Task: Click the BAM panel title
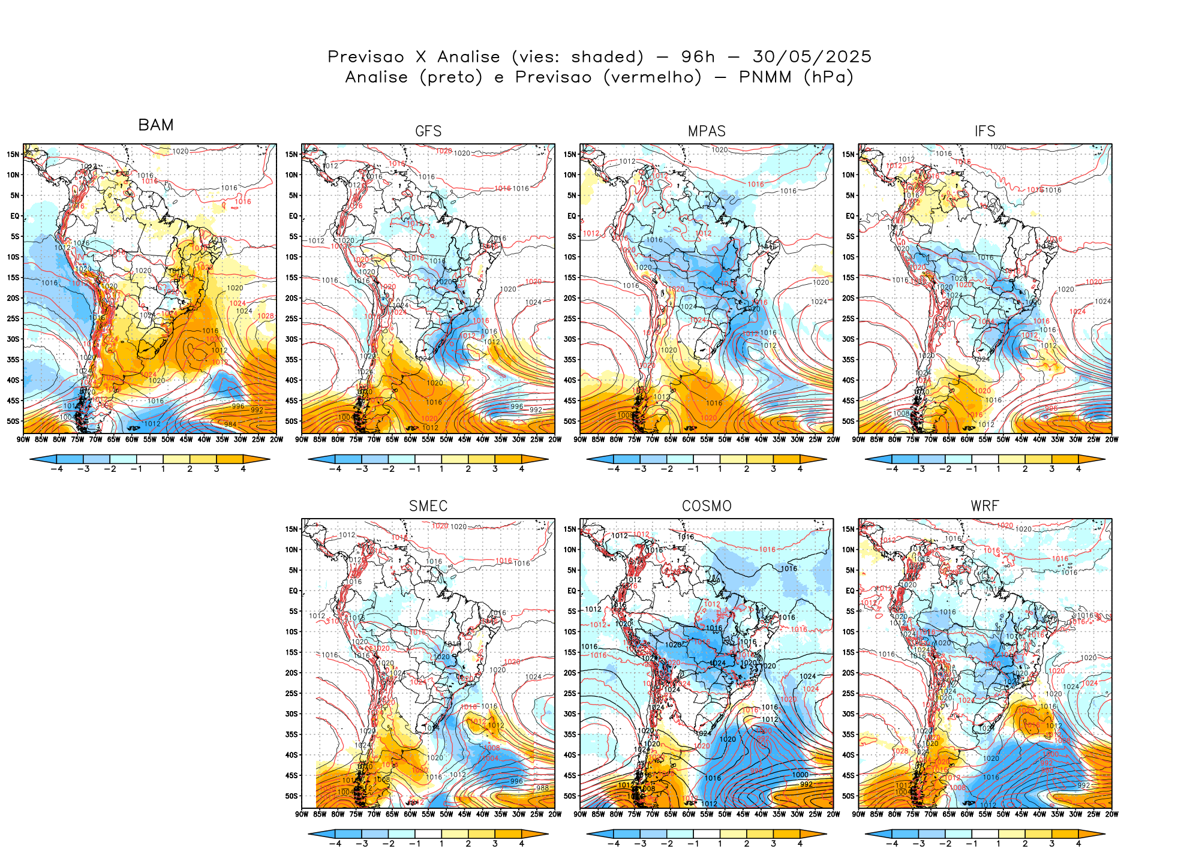pyautogui.click(x=156, y=125)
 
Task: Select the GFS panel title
pyautogui.click(x=428, y=131)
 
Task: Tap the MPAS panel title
pyautogui.click(x=707, y=131)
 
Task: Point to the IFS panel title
pyautogui.click(x=985, y=131)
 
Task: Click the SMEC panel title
pyautogui.click(x=428, y=506)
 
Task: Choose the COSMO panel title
pyautogui.click(x=707, y=506)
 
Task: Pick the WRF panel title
pyautogui.click(x=985, y=506)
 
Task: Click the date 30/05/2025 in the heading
pyautogui.click(x=812, y=57)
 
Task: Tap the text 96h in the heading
pyautogui.click(x=698, y=57)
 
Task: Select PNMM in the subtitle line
pyautogui.click(x=765, y=77)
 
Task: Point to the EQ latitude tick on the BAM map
pyautogui.click(x=14, y=216)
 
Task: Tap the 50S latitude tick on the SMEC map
pyautogui.click(x=292, y=796)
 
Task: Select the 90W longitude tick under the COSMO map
pyautogui.click(x=580, y=814)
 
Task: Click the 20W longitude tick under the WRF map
pyautogui.click(x=1111, y=814)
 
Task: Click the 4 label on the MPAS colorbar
pyautogui.click(x=800, y=469)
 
